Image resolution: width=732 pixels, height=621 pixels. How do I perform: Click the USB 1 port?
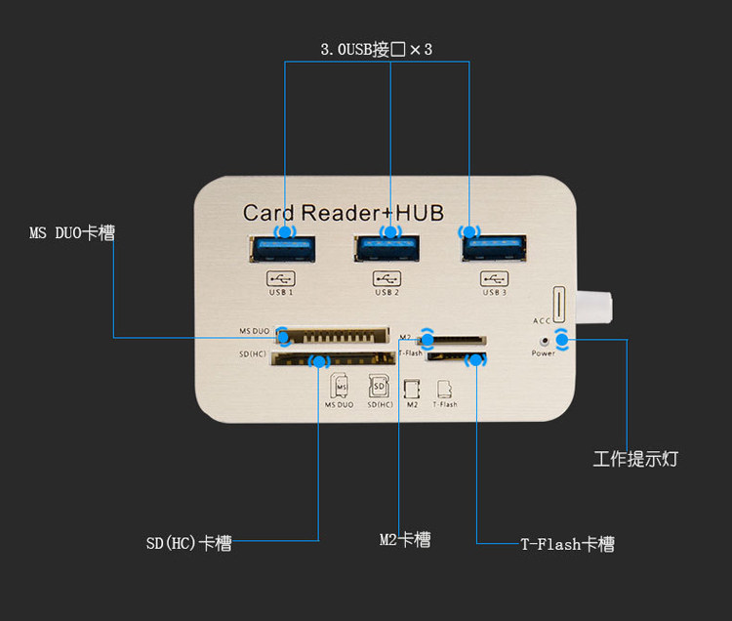pyautogui.click(x=284, y=250)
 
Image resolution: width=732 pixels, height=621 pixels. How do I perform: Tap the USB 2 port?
pyautogui.click(x=389, y=250)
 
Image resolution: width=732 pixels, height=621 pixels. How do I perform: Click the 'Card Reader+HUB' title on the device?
pyautogui.click(x=343, y=212)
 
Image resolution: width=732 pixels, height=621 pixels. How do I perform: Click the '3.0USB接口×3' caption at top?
pyautogui.click(x=376, y=49)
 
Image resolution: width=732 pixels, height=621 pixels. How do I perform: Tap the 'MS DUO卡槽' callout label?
pyautogui.click(x=72, y=233)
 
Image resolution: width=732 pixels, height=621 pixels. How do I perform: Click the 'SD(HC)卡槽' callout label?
pyautogui.click(x=189, y=544)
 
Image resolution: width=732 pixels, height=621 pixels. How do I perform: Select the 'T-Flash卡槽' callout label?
pyautogui.click(x=567, y=545)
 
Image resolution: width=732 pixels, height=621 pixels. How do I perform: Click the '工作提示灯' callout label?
pyautogui.click(x=635, y=459)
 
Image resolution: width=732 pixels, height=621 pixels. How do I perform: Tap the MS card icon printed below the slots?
pyautogui.click(x=340, y=387)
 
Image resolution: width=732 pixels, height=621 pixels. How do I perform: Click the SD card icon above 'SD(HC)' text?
pyautogui.click(x=380, y=387)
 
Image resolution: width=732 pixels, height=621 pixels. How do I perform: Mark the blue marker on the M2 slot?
pyautogui.click(x=427, y=339)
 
